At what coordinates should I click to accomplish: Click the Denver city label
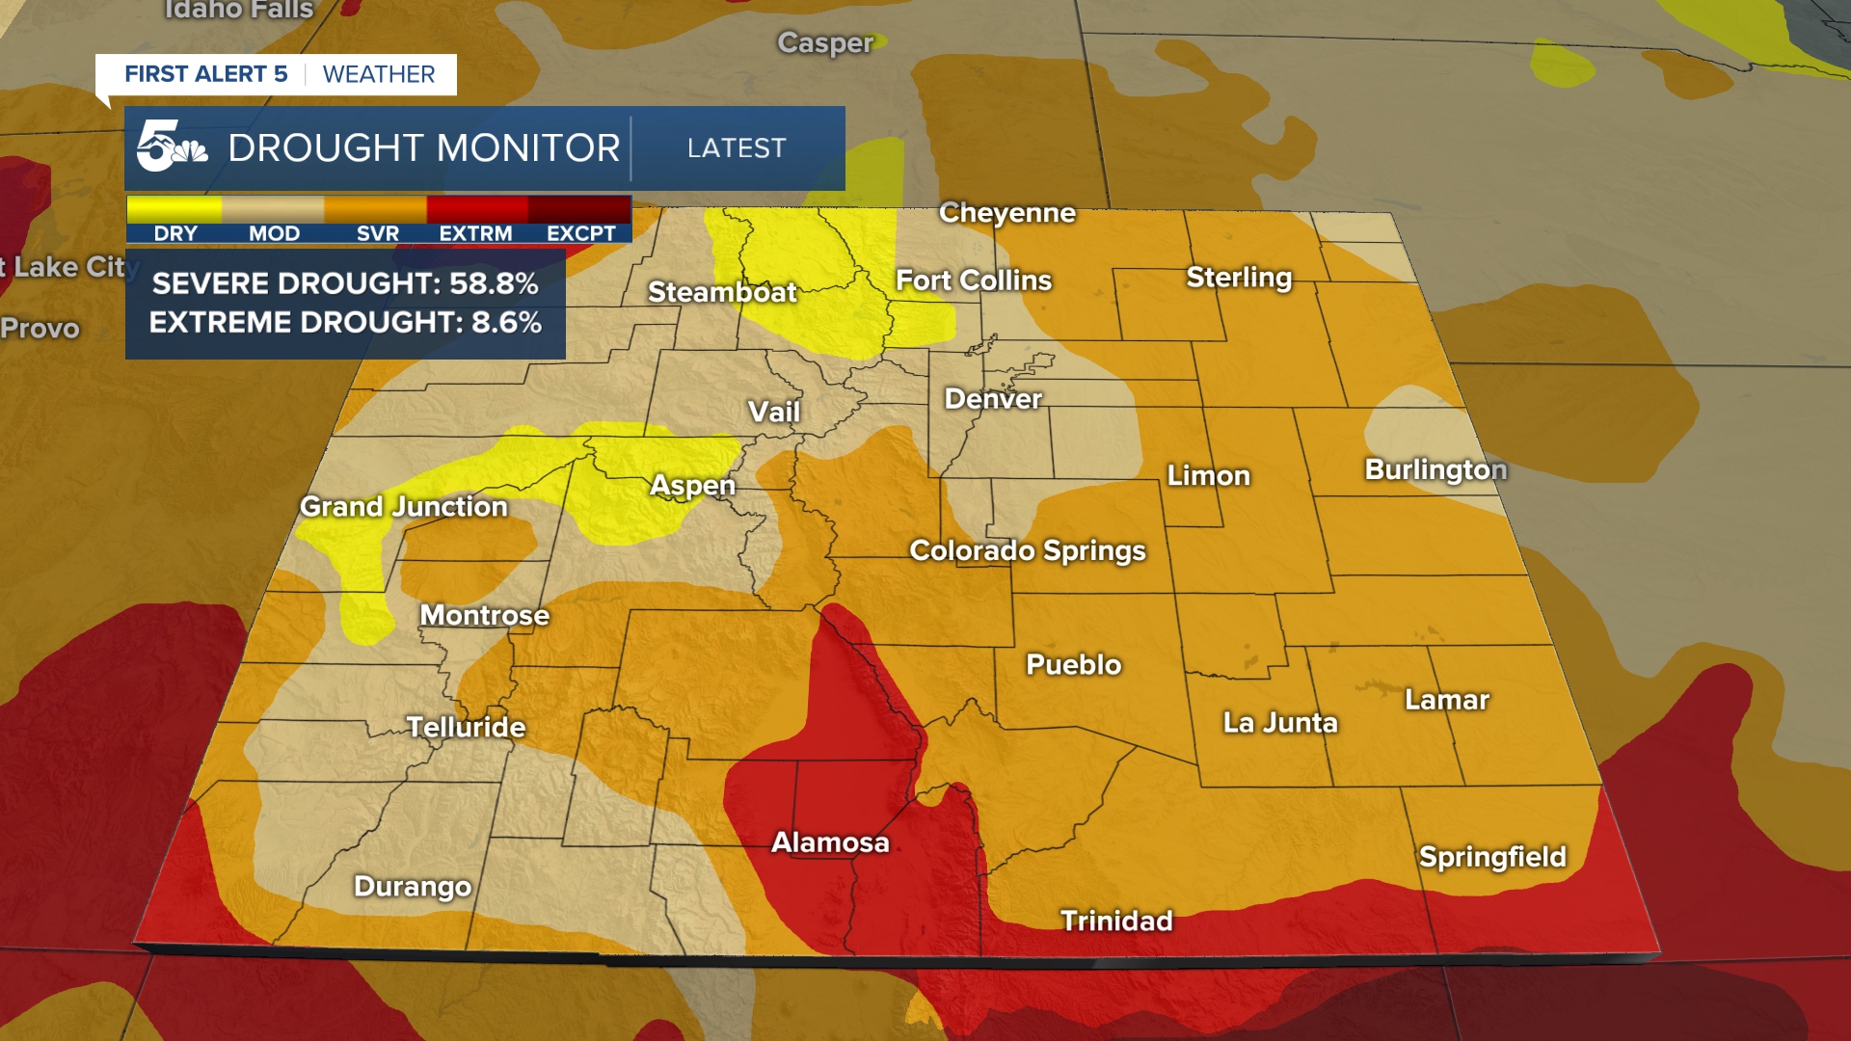coord(993,399)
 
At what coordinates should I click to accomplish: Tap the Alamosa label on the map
coord(830,842)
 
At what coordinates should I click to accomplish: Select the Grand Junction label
coord(403,506)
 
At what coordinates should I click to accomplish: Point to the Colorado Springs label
coord(1028,550)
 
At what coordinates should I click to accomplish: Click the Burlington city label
coord(1435,469)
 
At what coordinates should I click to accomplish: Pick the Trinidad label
coord(1116,921)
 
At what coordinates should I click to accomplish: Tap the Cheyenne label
coord(1007,212)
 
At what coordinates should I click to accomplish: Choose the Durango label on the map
coord(413,886)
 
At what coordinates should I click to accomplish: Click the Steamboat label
coord(722,292)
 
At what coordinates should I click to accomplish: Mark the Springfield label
coord(1492,857)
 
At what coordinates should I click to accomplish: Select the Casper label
coord(825,43)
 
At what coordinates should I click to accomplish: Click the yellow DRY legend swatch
coord(174,209)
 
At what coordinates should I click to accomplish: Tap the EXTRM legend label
coord(475,233)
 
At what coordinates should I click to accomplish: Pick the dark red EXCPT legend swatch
coord(579,209)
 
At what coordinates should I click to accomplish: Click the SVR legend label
coord(377,233)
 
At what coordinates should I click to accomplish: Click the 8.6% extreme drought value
coord(506,322)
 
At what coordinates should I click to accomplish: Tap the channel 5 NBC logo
coord(171,147)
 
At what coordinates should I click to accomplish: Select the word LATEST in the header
coord(737,148)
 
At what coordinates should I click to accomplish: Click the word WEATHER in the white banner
coord(379,74)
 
